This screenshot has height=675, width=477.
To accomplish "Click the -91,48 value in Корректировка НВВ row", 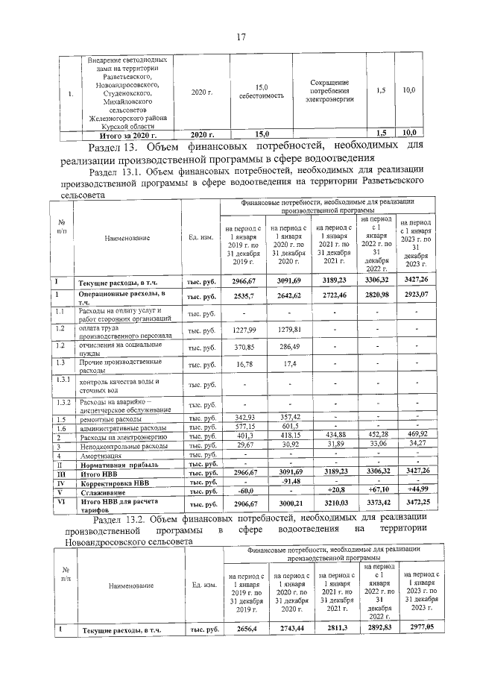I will pyautogui.click(x=289, y=481).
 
